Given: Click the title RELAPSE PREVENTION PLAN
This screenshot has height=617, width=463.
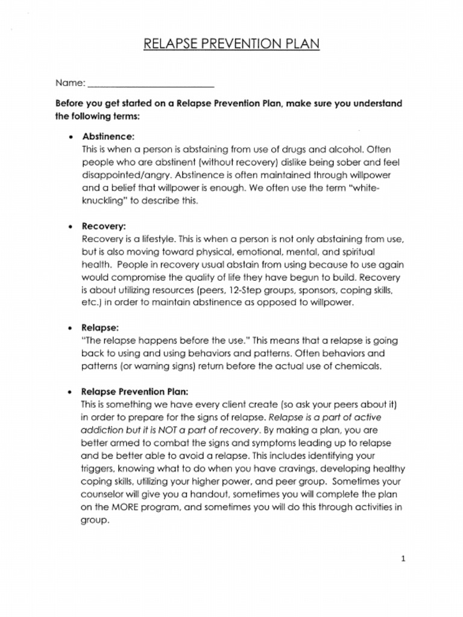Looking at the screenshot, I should [231, 45].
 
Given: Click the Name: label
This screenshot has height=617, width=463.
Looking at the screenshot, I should [70, 83].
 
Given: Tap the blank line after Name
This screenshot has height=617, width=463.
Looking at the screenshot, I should [151, 84].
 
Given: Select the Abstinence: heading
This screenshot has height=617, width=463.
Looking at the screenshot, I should [109, 136].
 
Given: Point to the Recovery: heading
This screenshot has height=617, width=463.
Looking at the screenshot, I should [104, 227].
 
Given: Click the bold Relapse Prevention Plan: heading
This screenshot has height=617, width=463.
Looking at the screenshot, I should [134, 390].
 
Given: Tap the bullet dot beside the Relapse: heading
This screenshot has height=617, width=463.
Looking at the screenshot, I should [71, 328].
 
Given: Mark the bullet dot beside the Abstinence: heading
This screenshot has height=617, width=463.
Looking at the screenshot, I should [71, 137].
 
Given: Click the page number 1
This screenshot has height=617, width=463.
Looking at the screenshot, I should [403, 559].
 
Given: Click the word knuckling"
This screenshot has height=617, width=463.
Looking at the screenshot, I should [102, 201].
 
